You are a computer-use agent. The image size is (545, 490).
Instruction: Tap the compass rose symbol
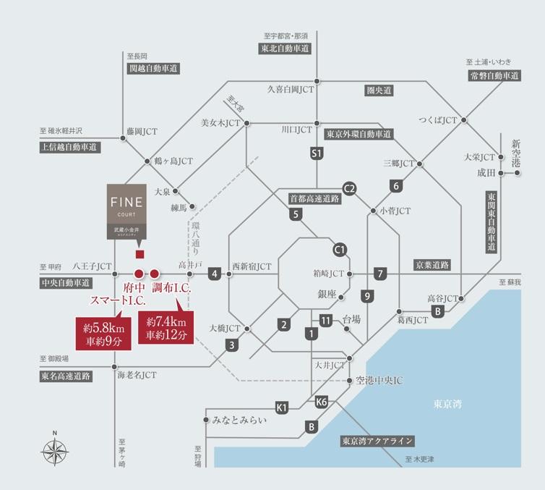(x=55, y=450)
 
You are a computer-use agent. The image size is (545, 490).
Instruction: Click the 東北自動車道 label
(x=285, y=48)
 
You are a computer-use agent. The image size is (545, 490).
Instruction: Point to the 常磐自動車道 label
(x=494, y=75)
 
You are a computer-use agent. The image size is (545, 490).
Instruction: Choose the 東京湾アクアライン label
(x=377, y=441)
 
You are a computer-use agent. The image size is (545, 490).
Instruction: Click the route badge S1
(x=315, y=153)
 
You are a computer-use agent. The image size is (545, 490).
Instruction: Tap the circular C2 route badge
(x=350, y=188)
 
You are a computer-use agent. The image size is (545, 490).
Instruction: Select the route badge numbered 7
(x=380, y=274)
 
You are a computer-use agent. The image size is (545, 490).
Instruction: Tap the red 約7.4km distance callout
(x=166, y=328)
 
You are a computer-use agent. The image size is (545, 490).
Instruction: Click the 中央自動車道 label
(x=66, y=282)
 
